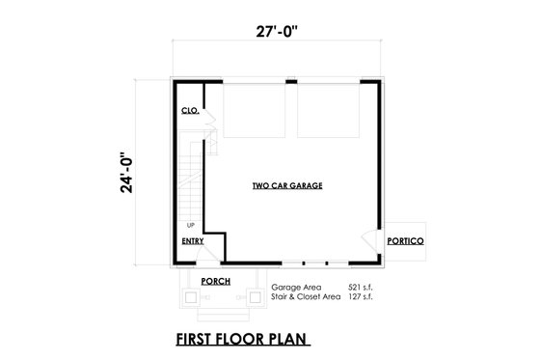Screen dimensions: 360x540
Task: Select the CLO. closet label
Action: pos(189,112)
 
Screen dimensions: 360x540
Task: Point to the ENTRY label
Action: pos(191,240)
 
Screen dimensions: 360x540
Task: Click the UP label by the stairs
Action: pos(191,224)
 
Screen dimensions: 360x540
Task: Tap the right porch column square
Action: pos(255,298)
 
